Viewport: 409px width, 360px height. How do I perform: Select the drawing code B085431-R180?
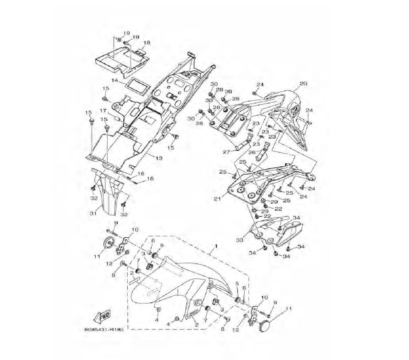(103, 329)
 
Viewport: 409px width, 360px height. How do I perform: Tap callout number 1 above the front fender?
(216, 246)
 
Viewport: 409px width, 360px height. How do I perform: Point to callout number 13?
(159, 158)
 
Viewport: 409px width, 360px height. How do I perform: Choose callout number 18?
(147, 43)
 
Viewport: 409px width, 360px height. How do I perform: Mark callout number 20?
(303, 83)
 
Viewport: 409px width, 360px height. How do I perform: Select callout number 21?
(217, 199)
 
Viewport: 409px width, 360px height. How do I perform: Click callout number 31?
(93, 214)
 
